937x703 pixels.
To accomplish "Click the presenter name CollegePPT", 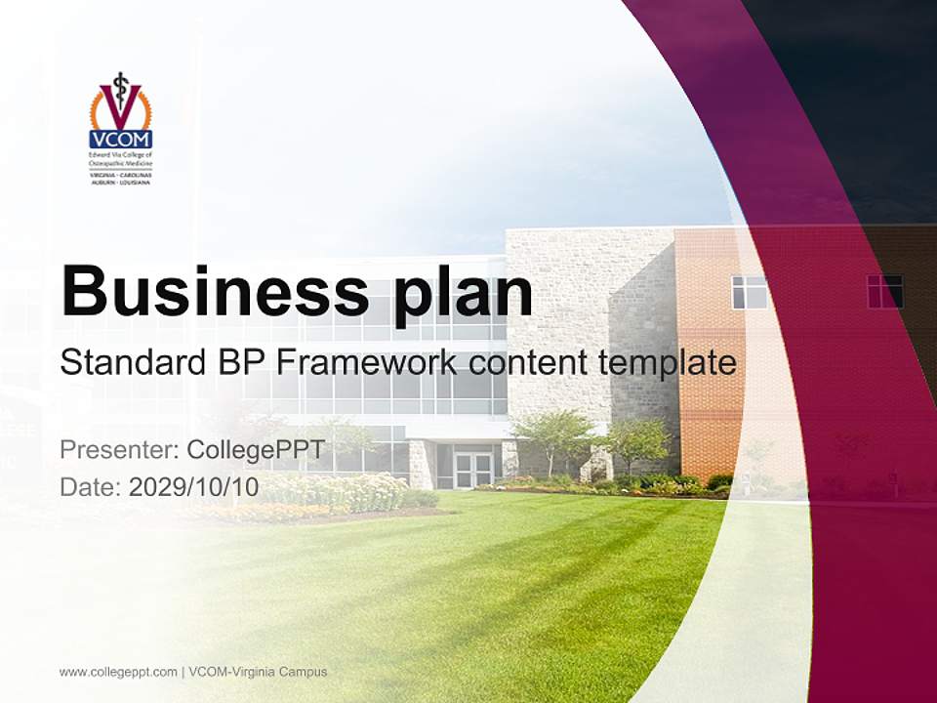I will (255, 450).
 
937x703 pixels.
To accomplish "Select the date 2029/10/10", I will (193, 486).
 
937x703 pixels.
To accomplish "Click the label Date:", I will (91, 486).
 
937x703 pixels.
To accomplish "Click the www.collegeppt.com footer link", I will (118, 672).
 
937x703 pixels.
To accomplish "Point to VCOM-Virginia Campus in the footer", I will (259, 672).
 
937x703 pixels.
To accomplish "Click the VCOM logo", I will (121, 128).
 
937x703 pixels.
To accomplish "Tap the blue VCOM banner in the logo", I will (121, 140).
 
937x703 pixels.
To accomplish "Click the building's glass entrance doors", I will (473, 470).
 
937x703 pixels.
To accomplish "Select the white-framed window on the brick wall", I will (749, 292).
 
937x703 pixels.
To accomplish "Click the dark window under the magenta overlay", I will (884, 291).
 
